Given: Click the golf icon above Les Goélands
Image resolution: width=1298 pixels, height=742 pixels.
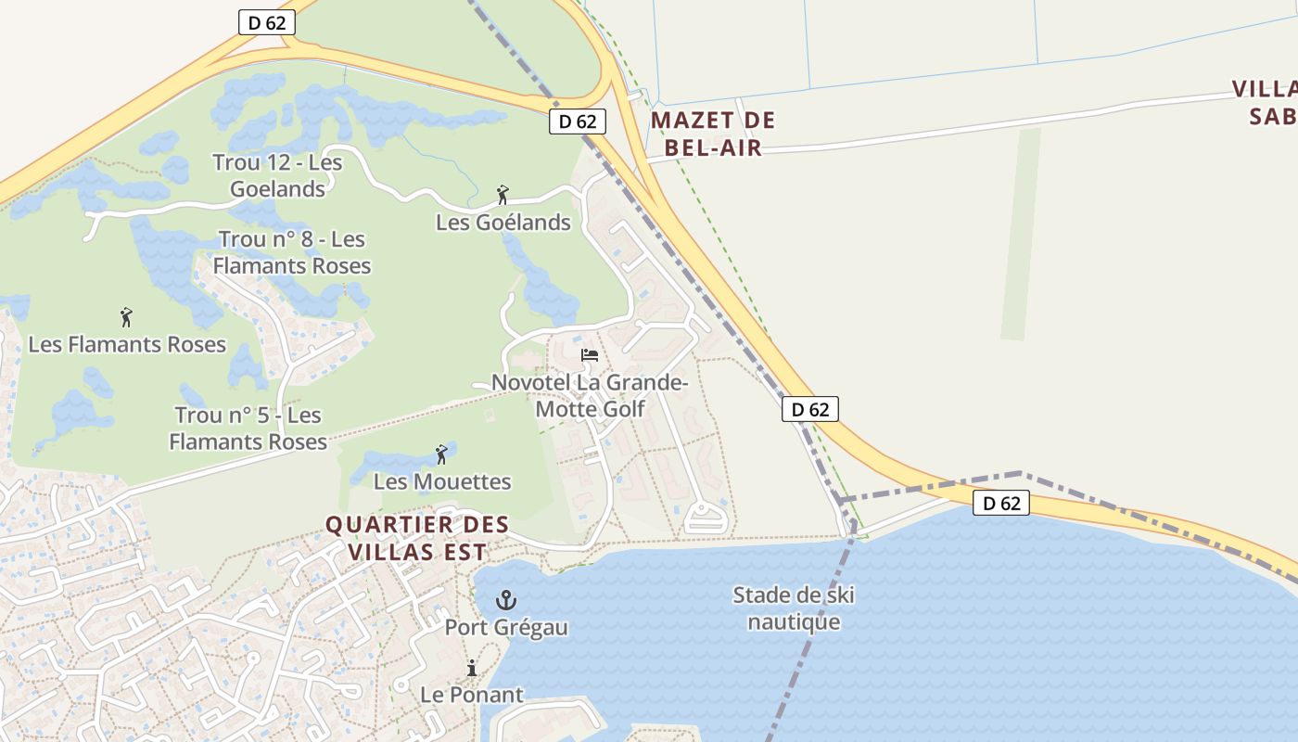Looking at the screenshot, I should pyautogui.click(x=503, y=195).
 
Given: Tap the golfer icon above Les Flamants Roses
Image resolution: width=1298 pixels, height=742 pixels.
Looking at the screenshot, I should pyautogui.click(x=126, y=317).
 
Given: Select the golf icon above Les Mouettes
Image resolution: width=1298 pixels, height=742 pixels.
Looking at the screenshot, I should pyautogui.click(x=441, y=454).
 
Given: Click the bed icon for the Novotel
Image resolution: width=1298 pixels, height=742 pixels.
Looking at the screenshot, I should pyautogui.click(x=589, y=354).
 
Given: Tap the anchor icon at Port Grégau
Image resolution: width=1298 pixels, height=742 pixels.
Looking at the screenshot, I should pyautogui.click(x=506, y=600).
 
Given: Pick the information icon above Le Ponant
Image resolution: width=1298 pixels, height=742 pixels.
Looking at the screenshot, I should pyautogui.click(x=471, y=668).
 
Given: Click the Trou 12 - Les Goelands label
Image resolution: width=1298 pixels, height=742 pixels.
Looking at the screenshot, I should pyautogui.click(x=277, y=175).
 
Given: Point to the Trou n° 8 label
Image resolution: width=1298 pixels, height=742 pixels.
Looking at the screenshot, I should pyautogui.click(x=292, y=252).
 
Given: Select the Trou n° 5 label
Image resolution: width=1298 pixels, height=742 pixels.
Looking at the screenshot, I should pyautogui.click(x=248, y=428).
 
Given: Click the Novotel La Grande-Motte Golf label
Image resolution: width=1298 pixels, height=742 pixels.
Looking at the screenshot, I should pyautogui.click(x=590, y=395).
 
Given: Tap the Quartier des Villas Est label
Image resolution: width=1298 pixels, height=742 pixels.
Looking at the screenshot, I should pyautogui.click(x=417, y=538).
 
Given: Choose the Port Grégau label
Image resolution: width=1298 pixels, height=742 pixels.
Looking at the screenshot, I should pyautogui.click(x=506, y=627).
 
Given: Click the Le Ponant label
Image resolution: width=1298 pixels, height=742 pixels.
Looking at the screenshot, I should pyautogui.click(x=472, y=694).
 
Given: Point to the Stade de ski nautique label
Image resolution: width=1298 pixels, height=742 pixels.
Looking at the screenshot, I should pyautogui.click(x=794, y=608).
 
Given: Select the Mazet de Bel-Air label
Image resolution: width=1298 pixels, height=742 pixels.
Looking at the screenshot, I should pyautogui.click(x=712, y=134).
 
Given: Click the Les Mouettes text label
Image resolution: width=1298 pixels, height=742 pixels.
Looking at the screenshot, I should pyautogui.click(x=442, y=481).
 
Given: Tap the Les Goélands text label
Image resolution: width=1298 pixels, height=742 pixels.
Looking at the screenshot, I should pyautogui.click(x=503, y=223).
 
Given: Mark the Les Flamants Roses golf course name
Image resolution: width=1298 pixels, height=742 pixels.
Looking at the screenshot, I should pyautogui.click(x=127, y=344).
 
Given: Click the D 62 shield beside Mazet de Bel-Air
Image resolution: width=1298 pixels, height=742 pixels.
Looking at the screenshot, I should pyautogui.click(x=578, y=121).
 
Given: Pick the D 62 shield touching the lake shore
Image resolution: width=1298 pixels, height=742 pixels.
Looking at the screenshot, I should pyautogui.click(x=1001, y=503).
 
